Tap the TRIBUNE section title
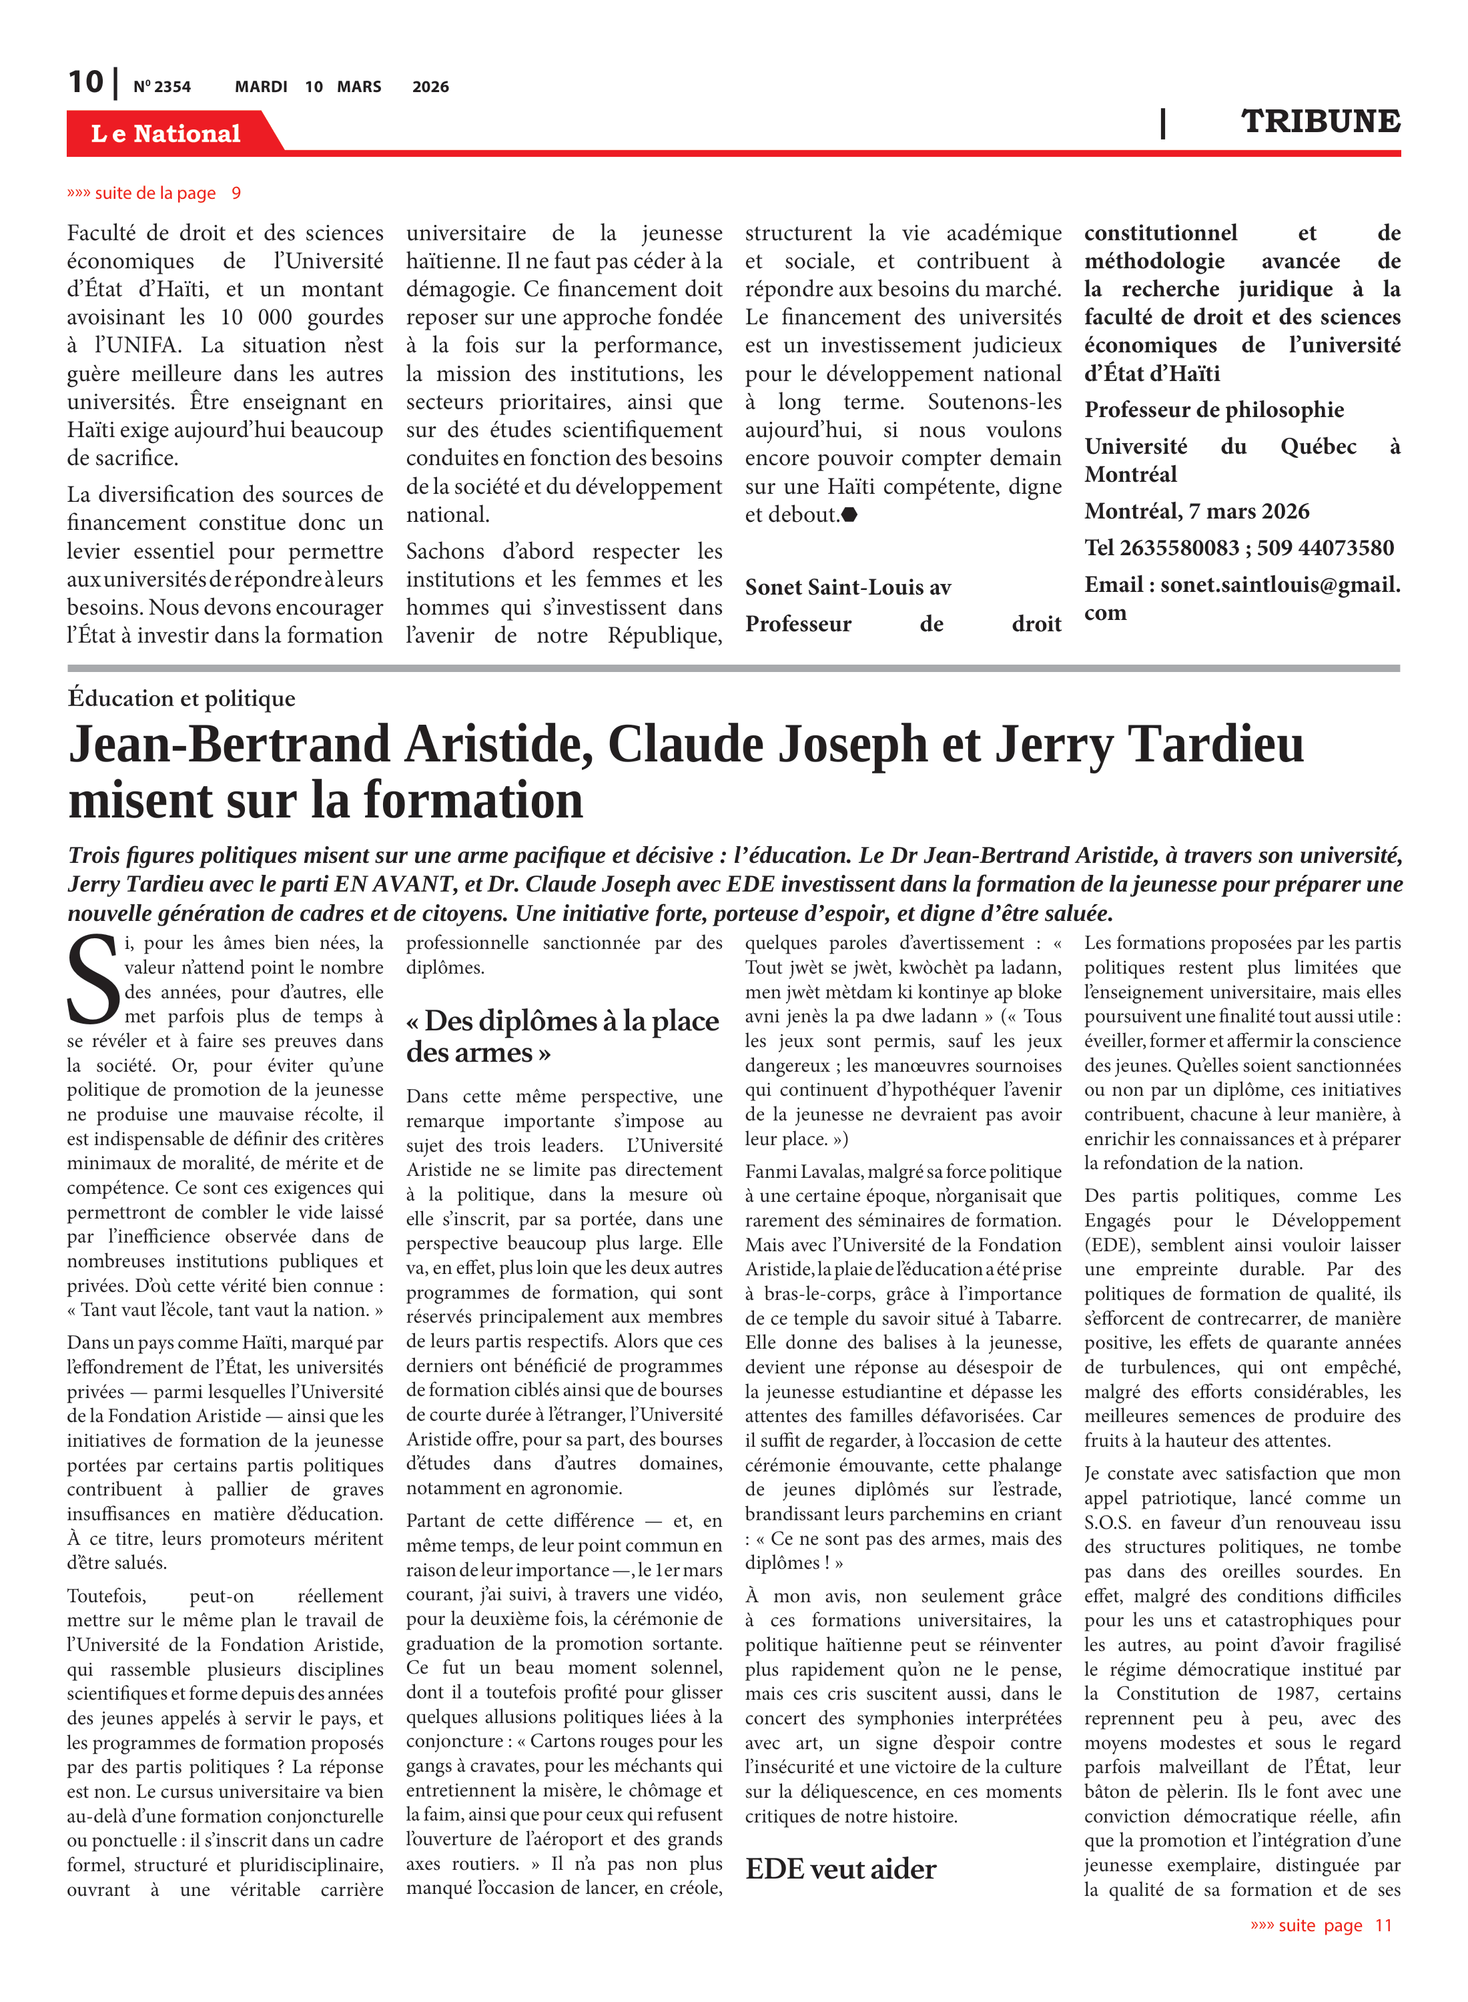click(x=1320, y=121)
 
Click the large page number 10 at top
click(x=86, y=83)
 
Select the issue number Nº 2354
click(x=161, y=87)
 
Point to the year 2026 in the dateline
click(x=430, y=87)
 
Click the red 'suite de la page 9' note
click(x=153, y=194)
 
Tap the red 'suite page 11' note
click(x=1321, y=1925)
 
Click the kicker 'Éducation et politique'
click(x=181, y=699)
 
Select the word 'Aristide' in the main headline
click(x=498, y=745)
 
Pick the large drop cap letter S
click(x=92, y=979)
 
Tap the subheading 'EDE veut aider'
click(x=839, y=1869)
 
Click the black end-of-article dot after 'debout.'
click(x=849, y=515)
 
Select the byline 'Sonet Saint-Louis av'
click(x=847, y=587)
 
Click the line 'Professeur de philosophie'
click(x=1214, y=410)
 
